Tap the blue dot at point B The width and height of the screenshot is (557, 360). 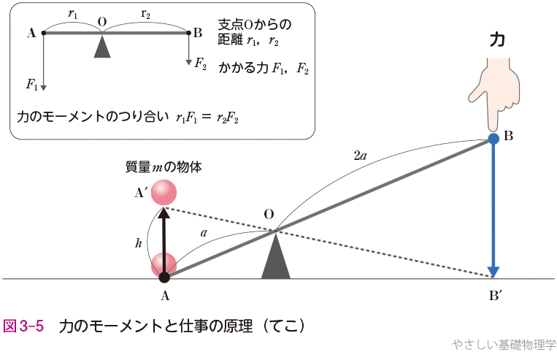click(494, 137)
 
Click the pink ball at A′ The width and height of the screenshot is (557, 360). click(164, 192)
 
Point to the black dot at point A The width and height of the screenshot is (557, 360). click(164, 277)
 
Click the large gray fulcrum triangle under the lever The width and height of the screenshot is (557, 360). click(276, 258)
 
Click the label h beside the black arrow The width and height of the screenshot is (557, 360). click(139, 244)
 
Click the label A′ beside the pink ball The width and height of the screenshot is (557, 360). click(141, 193)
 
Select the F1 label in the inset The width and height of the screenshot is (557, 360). click(31, 85)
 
